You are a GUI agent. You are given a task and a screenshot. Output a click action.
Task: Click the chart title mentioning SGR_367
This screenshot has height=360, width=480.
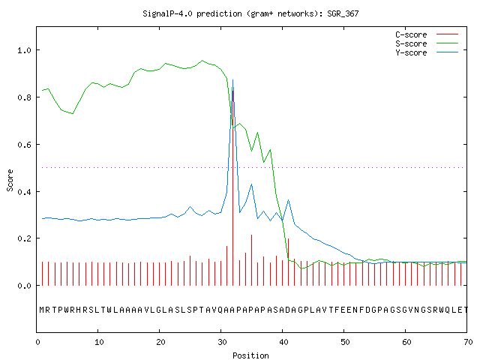250,13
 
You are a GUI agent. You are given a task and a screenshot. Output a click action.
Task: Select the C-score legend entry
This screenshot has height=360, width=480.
427,34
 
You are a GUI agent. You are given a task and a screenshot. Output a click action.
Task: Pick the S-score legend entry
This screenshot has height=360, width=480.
427,43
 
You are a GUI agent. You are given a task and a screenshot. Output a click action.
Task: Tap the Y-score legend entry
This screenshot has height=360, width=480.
427,52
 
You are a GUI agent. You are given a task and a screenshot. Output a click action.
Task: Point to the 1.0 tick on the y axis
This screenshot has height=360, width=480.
25,50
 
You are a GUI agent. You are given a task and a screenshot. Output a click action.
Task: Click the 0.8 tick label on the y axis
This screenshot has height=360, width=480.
25,97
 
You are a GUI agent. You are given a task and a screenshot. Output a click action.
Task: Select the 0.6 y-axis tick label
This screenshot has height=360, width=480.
25,145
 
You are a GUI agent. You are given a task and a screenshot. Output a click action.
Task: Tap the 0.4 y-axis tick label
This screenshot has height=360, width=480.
25,192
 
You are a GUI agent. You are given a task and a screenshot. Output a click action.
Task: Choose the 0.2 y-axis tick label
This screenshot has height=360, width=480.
25,238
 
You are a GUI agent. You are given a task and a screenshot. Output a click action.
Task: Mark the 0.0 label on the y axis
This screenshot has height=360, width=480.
25,286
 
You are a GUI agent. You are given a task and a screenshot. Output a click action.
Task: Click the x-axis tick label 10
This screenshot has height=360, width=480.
99,342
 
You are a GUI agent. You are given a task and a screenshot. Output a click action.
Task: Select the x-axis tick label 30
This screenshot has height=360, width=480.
222,342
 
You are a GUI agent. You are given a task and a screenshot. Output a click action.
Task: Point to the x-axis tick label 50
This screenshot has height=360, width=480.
345,342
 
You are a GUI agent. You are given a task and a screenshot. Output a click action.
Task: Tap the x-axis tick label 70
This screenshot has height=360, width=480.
468,342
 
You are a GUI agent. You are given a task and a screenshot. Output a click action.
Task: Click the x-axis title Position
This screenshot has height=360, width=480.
250,355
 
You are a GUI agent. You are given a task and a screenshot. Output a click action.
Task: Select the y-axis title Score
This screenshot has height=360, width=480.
10,180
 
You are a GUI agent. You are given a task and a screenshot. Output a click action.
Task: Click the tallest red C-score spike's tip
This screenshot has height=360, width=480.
233,91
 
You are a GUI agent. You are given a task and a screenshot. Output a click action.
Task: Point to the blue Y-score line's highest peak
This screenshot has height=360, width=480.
233,80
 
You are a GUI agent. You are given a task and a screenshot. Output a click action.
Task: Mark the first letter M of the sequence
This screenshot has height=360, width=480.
42,310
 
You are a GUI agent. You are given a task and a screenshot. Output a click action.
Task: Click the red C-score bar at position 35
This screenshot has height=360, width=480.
252,260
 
